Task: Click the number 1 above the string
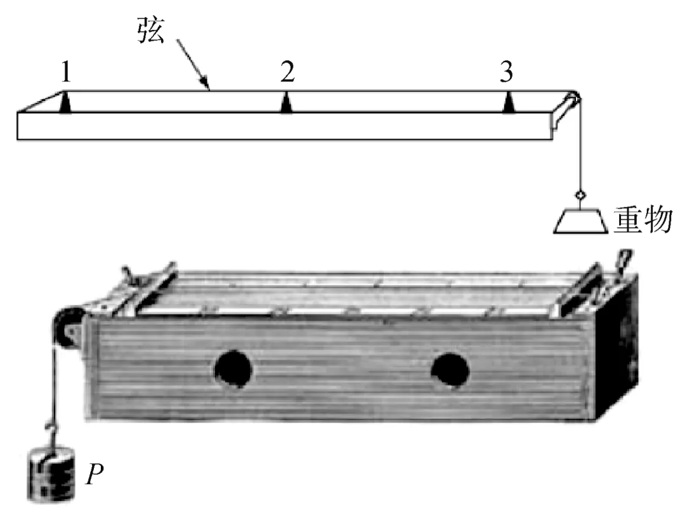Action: [x=66, y=72]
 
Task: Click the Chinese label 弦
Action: [x=151, y=30]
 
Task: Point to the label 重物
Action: [x=643, y=220]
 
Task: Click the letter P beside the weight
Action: [x=95, y=474]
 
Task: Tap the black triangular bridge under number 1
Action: [x=65, y=102]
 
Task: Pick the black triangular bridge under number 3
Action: [x=507, y=102]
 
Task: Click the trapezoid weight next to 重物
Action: [x=580, y=222]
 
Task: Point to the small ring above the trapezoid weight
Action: [x=580, y=195]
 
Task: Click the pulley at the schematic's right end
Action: [x=572, y=99]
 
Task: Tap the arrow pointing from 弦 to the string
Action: [x=193, y=65]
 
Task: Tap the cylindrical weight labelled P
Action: [x=51, y=474]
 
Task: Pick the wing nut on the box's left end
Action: [x=133, y=277]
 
